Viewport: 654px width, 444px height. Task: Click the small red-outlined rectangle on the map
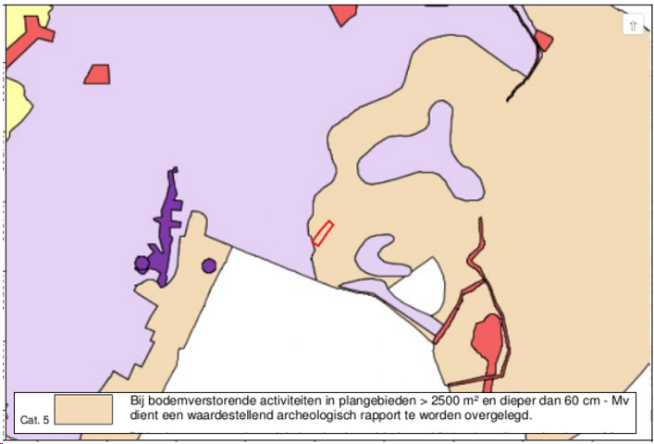click(x=322, y=233)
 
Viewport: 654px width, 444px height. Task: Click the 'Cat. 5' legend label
click(x=35, y=420)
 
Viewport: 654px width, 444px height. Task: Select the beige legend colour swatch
click(x=82, y=409)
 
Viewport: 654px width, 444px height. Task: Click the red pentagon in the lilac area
click(x=97, y=74)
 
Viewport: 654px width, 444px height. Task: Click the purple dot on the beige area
click(x=209, y=266)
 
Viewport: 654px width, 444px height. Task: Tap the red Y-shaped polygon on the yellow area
click(x=33, y=37)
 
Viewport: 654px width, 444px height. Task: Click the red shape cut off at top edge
click(x=343, y=14)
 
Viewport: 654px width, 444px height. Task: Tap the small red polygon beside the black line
click(x=543, y=40)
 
